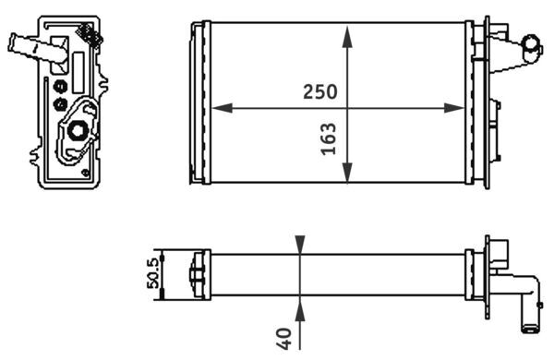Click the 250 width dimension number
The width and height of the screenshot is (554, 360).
click(x=319, y=92)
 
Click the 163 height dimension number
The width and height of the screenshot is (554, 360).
click(x=328, y=138)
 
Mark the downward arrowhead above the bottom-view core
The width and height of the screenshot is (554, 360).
click(x=300, y=244)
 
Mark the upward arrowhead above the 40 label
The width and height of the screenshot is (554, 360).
click(x=300, y=305)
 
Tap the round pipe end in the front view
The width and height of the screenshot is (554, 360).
click(x=533, y=42)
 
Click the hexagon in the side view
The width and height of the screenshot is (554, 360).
click(x=76, y=130)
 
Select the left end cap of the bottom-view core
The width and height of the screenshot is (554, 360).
click(x=196, y=274)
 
